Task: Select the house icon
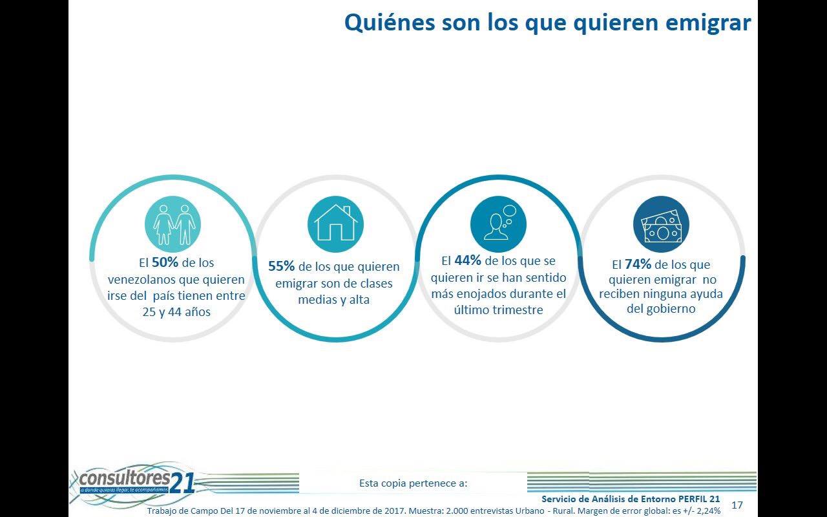point(335,224)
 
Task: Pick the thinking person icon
point(498,224)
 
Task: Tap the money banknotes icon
point(661,224)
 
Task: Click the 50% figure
point(165,263)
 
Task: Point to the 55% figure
point(282,266)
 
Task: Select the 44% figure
point(468,261)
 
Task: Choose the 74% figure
point(638,264)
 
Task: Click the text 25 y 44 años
point(176,312)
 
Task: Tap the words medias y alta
point(333,300)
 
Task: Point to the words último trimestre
point(498,310)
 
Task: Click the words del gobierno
point(661,309)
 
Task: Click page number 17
point(737,505)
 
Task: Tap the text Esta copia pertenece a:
point(413,483)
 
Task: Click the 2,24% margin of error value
point(706,510)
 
